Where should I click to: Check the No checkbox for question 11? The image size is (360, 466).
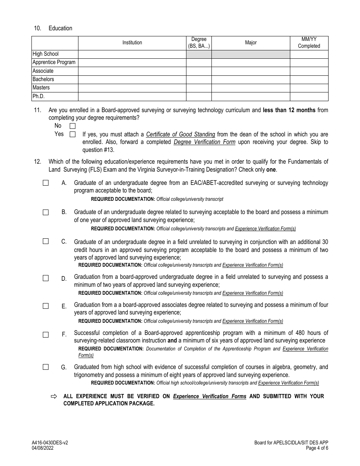coord(72,126)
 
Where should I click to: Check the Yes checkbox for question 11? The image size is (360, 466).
coord(72,134)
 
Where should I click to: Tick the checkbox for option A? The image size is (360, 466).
coord(46,183)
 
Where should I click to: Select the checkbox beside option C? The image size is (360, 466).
coord(46,241)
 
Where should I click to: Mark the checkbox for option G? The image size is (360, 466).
coord(46,367)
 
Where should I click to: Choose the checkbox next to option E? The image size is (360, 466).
coord(46,306)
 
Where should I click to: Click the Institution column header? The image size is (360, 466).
coord(132,43)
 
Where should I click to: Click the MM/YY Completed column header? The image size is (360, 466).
coord(309,43)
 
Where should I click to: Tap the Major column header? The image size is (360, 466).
coord(250,43)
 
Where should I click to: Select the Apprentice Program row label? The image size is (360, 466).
coord(54,63)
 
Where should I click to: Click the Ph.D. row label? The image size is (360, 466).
coord(39,96)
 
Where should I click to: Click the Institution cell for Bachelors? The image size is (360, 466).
coord(132,80)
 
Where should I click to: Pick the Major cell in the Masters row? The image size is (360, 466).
coord(250,88)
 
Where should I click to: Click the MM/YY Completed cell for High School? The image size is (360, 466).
coord(309,54)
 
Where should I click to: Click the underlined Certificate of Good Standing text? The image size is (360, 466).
coord(180,134)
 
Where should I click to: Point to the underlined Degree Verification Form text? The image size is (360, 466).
coord(204,142)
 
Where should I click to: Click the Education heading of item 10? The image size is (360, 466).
coord(60,28)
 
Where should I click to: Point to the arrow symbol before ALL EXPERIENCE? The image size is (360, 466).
coord(53,396)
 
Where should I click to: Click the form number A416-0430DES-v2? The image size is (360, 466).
coord(50,443)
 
